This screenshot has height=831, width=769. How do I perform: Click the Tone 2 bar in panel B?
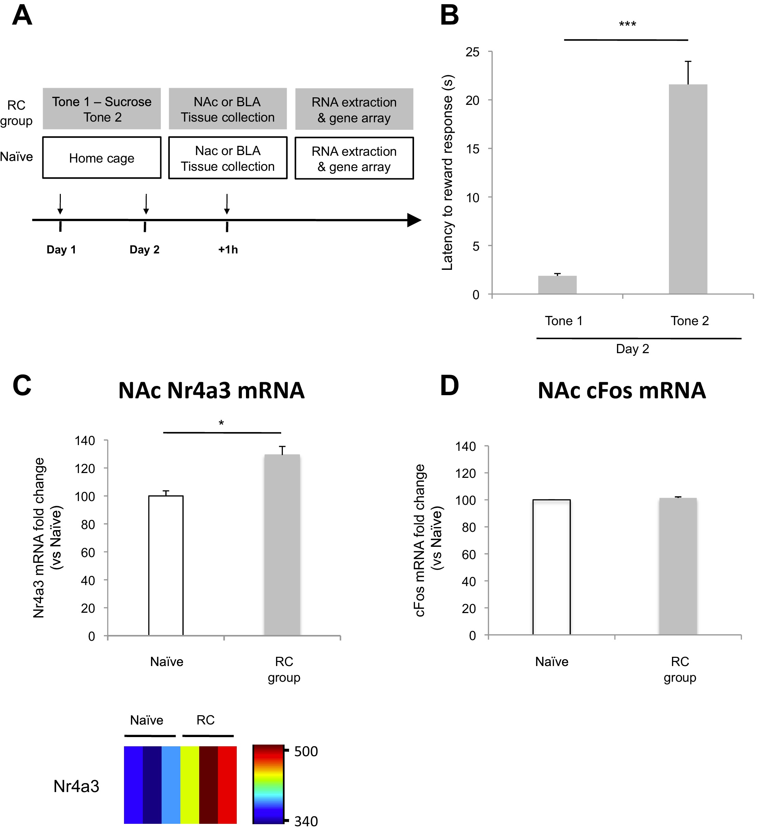[687, 189]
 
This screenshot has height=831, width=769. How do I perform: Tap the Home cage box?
[101, 158]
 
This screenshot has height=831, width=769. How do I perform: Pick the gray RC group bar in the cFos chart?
[677, 566]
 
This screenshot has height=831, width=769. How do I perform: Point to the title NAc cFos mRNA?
[621, 390]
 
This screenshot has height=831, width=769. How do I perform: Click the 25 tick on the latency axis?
[472, 52]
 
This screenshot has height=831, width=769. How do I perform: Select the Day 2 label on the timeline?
[145, 249]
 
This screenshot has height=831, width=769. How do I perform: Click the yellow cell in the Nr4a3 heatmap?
[190, 785]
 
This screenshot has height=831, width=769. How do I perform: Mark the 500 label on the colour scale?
[306, 751]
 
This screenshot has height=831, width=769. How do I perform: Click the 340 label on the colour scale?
[306, 821]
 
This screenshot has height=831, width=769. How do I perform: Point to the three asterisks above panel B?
[627, 24]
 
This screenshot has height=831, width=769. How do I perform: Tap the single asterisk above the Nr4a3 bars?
[221, 423]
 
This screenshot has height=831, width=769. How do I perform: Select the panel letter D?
[450, 385]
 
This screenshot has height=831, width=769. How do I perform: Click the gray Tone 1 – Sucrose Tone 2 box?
[101, 109]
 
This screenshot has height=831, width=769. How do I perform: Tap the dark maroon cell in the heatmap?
[208, 785]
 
